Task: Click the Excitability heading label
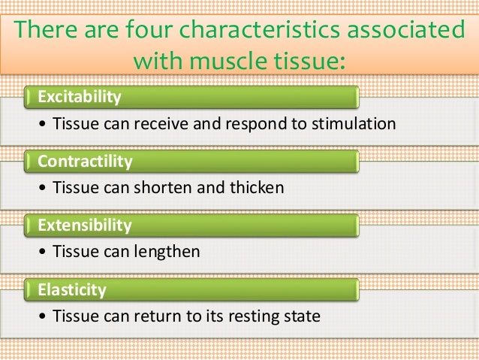pos(80,96)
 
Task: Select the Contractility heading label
pos(85,161)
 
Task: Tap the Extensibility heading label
pos(85,225)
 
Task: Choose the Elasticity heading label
pos(72,289)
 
